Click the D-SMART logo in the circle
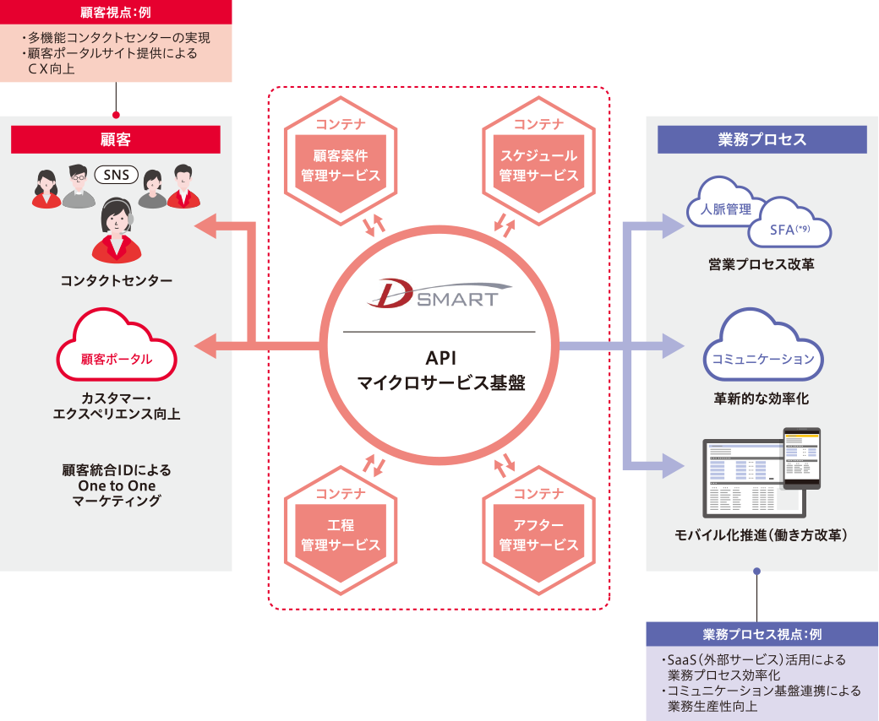tap(434, 291)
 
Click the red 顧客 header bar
tap(116, 139)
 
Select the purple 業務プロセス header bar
tap(762, 139)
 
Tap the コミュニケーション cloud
tap(762, 350)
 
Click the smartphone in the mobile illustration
tap(800, 458)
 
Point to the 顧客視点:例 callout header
tap(116, 13)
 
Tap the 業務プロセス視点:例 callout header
tap(762, 634)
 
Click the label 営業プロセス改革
tap(762, 265)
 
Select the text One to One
tap(116, 485)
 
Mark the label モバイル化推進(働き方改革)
tap(762, 534)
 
